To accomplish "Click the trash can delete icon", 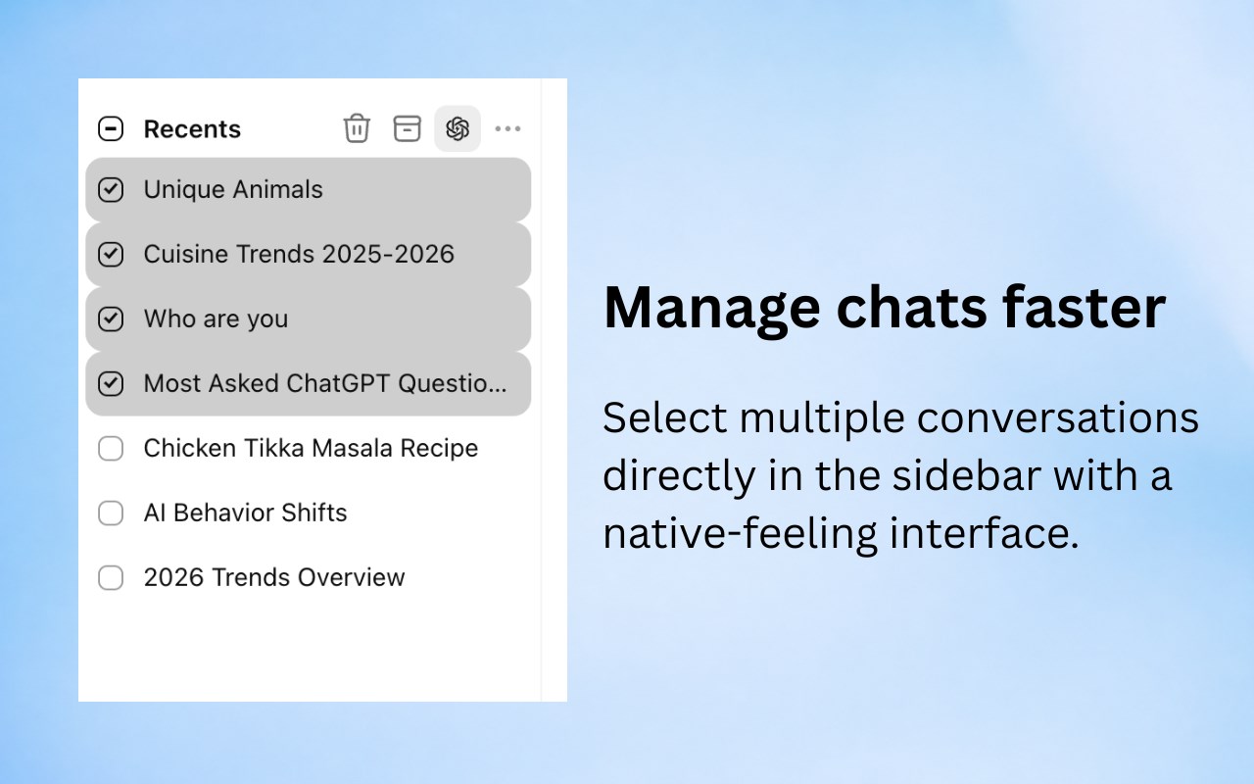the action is coord(357,128).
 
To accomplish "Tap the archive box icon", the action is coord(407,128).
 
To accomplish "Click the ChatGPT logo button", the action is coord(458,128).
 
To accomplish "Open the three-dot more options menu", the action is coord(507,128).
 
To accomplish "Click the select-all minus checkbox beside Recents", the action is coord(111,128).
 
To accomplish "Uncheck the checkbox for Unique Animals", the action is coord(111,189).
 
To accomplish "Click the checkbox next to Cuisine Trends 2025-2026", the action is coord(111,254).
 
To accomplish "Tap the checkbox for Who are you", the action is coord(111,318).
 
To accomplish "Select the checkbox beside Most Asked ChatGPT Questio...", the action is coord(111,383).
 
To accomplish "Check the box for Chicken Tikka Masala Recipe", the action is coord(111,449).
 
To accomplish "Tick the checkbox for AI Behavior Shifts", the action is coord(111,513).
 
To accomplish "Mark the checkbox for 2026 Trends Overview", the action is coord(111,578).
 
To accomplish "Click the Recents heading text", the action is coord(192,128).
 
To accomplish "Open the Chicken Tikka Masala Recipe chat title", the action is coord(311,448).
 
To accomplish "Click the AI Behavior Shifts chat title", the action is coord(245,513).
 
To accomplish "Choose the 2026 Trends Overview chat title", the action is coord(274,577).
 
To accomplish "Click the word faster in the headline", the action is coord(1084,307).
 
